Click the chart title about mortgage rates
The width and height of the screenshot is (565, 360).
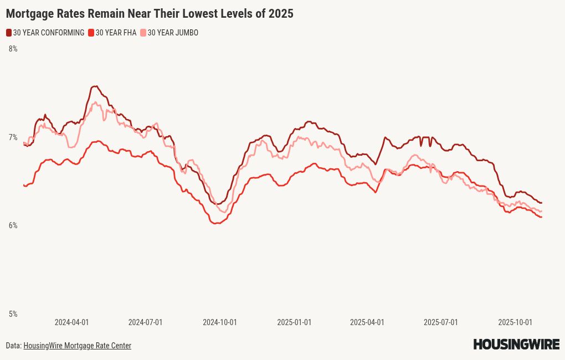tap(150, 14)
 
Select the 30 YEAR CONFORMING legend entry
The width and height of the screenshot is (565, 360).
tap(48, 33)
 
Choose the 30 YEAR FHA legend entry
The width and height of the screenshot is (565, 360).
tap(116, 33)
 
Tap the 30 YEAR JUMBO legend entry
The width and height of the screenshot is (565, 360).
tap(172, 33)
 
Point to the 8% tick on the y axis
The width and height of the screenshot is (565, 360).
tap(13, 49)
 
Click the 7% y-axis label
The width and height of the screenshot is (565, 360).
tap(13, 137)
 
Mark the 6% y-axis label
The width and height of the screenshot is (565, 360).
tap(13, 225)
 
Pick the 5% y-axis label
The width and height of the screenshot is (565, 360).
tap(13, 314)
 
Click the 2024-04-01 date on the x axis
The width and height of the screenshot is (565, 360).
tap(71, 322)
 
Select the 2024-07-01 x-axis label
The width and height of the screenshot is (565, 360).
tap(145, 322)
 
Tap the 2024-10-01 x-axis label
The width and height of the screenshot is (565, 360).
tap(219, 322)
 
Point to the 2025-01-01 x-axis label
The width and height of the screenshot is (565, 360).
tap(294, 322)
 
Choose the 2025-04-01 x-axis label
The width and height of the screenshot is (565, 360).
tap(367, 322)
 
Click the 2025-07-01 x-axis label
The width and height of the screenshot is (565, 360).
tap(440, 322)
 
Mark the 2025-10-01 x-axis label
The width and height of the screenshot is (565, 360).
tap(515, 322)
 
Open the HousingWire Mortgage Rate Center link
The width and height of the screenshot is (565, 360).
tap(77, 346)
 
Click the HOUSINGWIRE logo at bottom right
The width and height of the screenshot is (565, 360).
tap(516, 344)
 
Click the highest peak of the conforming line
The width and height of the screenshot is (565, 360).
tap(95, 86)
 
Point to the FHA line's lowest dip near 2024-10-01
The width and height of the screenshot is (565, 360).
tap(216, 223)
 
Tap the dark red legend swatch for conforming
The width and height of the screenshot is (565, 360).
tap(9, 33)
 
